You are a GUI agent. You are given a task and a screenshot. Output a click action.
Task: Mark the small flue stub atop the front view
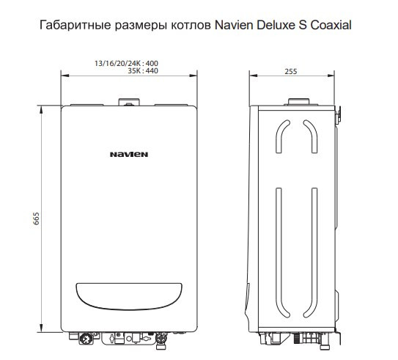tap(129, 103)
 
